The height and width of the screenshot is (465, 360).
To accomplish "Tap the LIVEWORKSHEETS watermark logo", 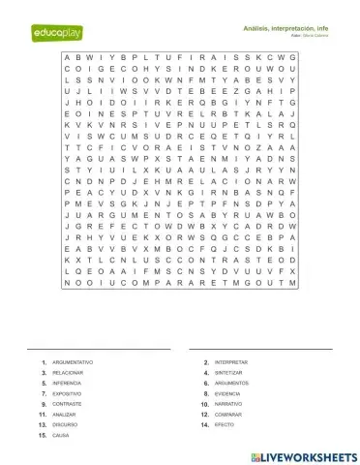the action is (x=303, y=455).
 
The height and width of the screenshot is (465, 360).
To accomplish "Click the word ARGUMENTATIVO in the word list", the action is (x=73, y=362).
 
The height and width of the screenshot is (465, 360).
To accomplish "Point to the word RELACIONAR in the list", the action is (x=68, y=373).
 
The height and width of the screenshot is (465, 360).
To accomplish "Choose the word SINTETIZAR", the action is (x=229, y=373).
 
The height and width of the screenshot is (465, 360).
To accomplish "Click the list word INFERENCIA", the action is (x=68, y=384).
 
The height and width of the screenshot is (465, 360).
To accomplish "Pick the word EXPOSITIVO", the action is (x=67, y=394).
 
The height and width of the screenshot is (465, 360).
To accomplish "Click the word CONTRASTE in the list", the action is (x=67, y=404).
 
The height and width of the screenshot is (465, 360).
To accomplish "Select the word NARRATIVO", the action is (x=229, y=404).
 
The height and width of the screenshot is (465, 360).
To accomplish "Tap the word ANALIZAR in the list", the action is (x=65, y=415).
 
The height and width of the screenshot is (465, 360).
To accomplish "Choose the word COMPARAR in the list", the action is (x=228, y=415).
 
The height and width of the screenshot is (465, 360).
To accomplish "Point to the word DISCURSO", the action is (x=65, y=425).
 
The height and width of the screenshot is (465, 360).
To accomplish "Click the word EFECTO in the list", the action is (x=225, y=425).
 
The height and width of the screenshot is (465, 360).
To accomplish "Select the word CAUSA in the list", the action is (x=61, y=436).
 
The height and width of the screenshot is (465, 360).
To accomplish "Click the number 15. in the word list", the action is (x=42, y=436).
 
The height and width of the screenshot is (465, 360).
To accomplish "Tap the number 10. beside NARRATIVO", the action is (x=204, y=404).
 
